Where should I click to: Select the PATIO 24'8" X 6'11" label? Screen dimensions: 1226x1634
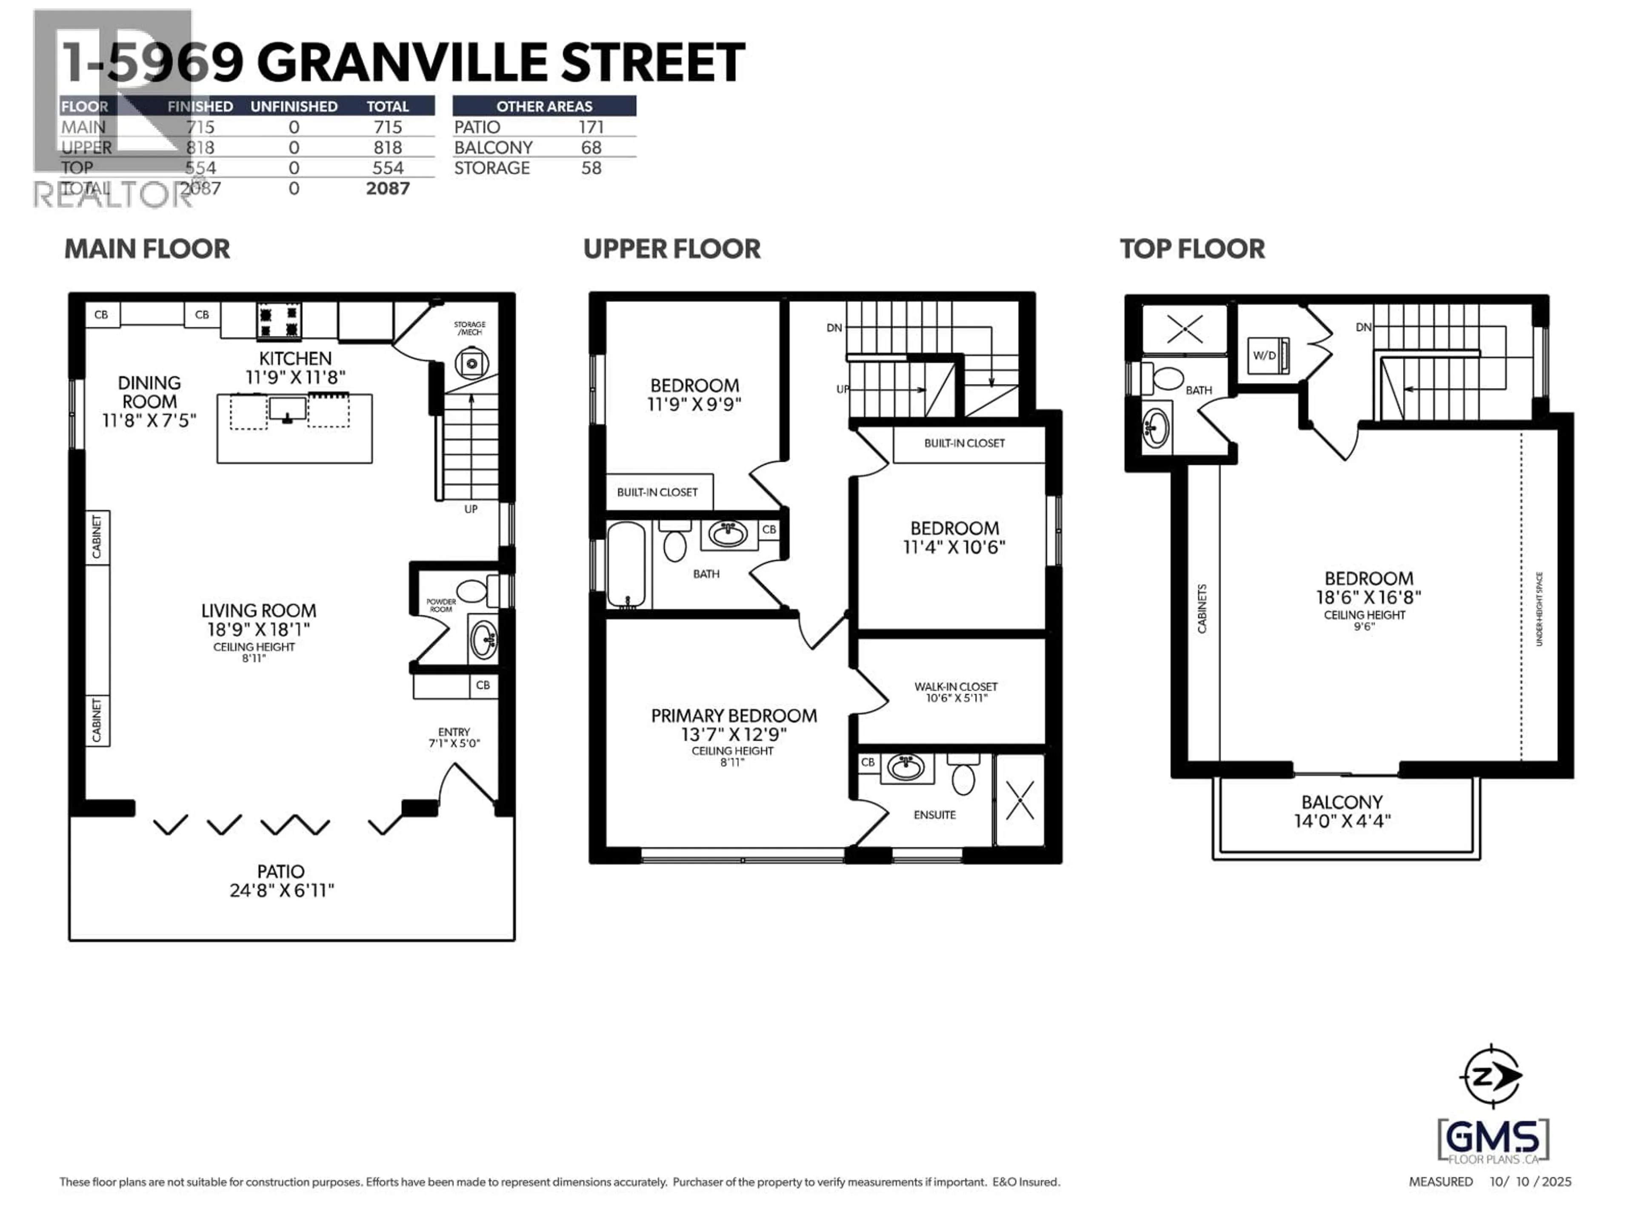pos(281,881)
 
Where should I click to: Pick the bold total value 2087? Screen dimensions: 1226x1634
pos(388,189)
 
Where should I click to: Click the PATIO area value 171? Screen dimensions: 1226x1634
pos(591,127)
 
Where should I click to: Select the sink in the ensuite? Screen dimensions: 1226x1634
pos(906,767)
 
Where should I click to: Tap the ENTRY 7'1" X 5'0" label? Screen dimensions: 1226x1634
pos(454,737)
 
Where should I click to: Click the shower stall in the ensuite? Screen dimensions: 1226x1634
pos(1020,799)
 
